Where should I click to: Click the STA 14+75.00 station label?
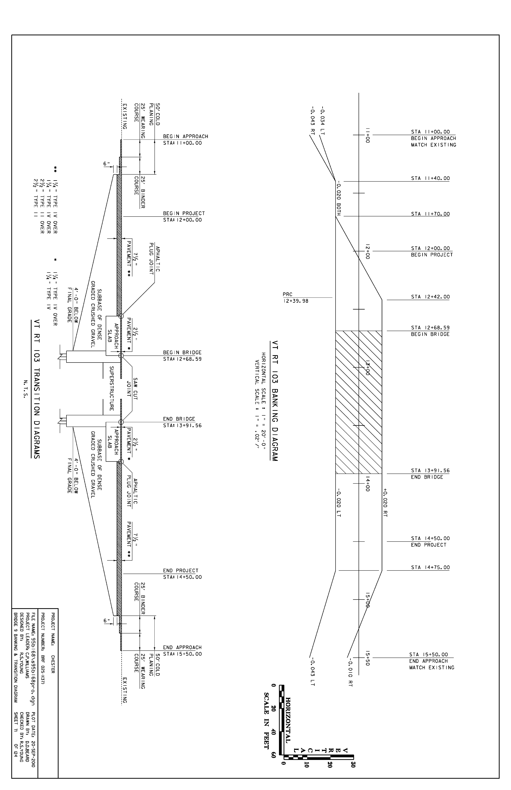pos(430,567)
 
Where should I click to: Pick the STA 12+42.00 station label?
pos(430,297)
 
